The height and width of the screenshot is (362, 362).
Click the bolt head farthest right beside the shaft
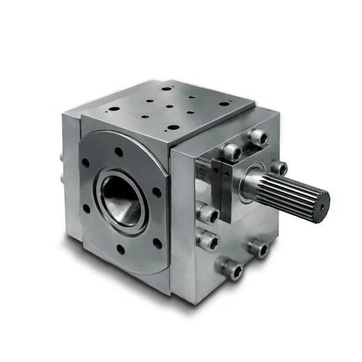coord(278,168)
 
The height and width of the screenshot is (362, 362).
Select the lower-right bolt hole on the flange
coord(157,244)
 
